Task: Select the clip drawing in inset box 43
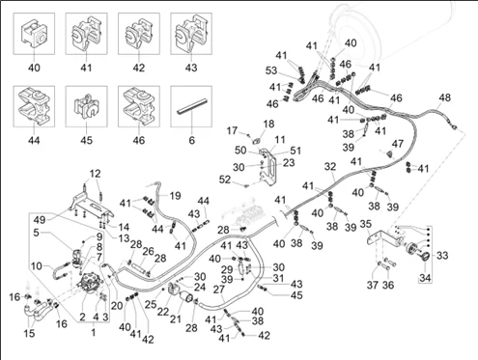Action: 191,34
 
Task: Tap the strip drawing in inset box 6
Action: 191,106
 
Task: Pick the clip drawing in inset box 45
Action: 86,106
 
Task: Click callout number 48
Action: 445,97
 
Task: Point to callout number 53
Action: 271,70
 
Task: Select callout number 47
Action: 398,144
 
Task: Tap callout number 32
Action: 330,167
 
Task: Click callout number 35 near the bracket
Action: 365,224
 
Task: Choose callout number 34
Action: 425,277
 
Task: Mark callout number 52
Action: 224,179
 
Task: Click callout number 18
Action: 268,124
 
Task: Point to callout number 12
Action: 95,174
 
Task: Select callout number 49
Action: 40,220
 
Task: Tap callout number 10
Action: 37,266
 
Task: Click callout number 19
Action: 175,196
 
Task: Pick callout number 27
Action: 219,290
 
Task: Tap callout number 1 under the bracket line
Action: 94,332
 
